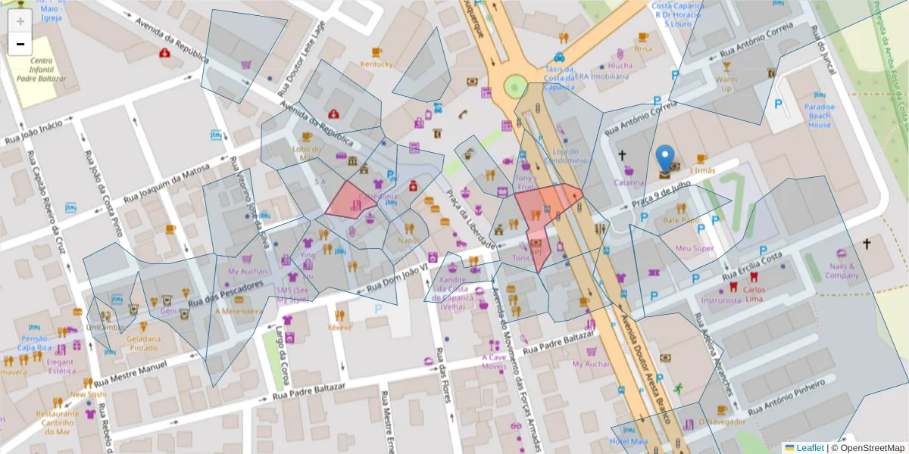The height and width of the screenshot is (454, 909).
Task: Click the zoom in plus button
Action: click(x=20, y=21)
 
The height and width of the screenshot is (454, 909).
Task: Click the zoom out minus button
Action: click(x=20, y=44)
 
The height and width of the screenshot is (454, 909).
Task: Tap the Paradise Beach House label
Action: click(x=820, y=116)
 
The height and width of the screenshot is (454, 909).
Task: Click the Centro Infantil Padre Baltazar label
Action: click(x=42, y=69)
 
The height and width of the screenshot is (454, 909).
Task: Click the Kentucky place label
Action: click(x=376, y=64)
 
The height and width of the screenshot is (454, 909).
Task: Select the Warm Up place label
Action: click(x=725, y=83)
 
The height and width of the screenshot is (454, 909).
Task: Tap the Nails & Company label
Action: click(x=842, y=271)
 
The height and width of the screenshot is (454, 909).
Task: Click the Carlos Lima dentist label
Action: click(x=754, y=294)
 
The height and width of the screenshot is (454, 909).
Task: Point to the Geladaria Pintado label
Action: click(x=142, y=344)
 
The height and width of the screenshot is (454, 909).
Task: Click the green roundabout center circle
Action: click(x=515, y=87)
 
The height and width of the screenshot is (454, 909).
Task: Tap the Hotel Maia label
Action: click(x=629, y=441)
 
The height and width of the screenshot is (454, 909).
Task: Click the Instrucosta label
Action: click(x=721, y=300)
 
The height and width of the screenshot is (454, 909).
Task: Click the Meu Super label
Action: click(x=694, y=248)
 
